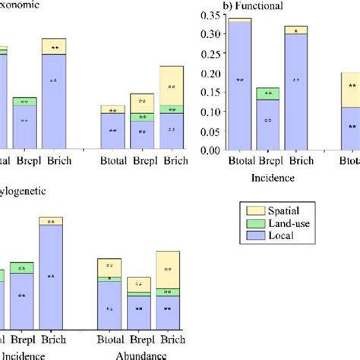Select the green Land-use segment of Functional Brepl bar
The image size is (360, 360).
[267, 93]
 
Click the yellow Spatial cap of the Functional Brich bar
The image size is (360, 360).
[296, 30]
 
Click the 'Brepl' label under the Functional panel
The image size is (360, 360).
[267, 161]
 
